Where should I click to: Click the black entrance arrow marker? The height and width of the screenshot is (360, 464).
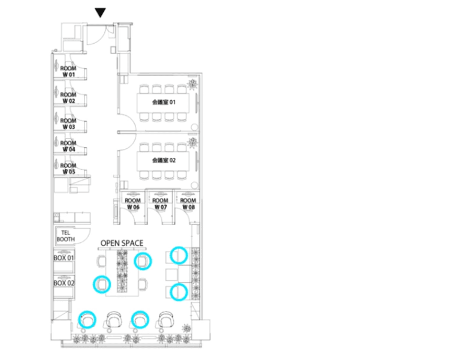(100, 13)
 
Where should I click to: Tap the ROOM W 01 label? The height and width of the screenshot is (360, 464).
(68, 71)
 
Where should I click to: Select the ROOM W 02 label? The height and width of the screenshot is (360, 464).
(68, 98)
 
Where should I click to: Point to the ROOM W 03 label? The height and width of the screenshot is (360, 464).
(68, 124)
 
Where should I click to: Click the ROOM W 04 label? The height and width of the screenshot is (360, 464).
(68, 146)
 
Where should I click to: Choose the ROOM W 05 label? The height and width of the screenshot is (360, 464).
(68, 169)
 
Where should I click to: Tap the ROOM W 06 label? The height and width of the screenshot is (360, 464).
(133, 204)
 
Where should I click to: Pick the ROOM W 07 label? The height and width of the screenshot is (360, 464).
(161, 204)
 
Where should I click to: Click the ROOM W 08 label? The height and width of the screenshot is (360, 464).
(188, 204)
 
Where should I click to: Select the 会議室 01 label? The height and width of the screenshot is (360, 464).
(164, 102)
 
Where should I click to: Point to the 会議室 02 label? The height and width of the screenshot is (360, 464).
(164, 160)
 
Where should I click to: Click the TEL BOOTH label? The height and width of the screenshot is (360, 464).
(66, 236)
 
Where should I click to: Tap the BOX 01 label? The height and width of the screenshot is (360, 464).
(64, 258)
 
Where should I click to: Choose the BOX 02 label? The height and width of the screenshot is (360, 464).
(64, 283)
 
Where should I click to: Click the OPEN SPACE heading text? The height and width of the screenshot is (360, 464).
(122, 243)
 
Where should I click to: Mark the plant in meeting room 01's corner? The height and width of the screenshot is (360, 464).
(192, 85)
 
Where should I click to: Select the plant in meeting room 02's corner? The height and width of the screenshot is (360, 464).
(192, 142)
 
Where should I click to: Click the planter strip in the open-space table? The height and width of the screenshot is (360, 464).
(122, 271)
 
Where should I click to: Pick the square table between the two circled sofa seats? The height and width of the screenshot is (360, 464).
(171, 275)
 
